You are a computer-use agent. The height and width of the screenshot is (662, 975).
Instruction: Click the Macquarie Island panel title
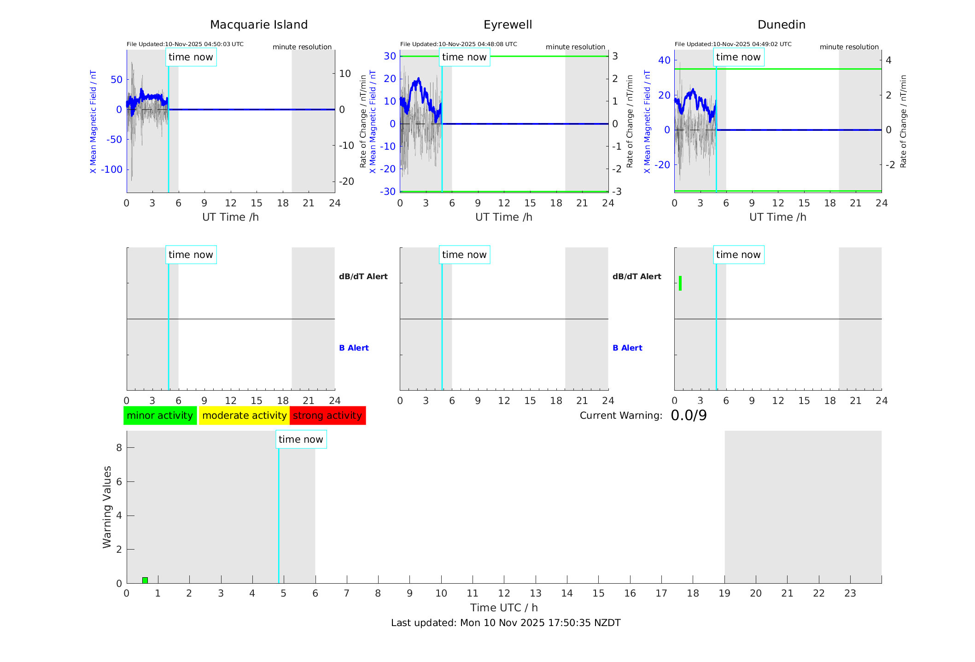click(258, 25)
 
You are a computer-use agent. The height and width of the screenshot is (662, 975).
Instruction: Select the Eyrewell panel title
click(508, 25)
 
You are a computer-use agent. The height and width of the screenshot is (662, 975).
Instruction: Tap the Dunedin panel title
click(781, 25)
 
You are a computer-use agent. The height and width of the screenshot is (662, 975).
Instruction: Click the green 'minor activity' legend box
click(160, 416)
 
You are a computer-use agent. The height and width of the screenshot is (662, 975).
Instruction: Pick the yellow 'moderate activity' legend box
click(244, 416)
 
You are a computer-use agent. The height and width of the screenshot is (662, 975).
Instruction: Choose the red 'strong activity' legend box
click(327, 416)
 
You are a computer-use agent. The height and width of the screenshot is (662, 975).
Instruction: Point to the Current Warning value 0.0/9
click(689, 416)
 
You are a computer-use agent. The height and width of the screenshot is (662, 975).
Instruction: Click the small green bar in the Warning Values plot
click(145, 580)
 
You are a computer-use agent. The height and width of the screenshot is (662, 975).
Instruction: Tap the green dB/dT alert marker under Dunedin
click(680, 283)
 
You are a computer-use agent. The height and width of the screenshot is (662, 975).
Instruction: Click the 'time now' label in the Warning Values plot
click(301, 439)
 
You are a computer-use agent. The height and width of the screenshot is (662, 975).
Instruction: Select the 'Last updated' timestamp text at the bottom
click(506, 623)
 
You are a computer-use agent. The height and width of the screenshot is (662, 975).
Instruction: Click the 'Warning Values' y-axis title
click(107, 507)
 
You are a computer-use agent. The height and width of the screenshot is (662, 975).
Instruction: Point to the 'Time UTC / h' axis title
click(504, 608)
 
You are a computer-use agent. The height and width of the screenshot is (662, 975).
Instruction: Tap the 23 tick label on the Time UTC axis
click(850, 593)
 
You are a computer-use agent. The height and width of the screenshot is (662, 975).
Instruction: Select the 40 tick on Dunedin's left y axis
click(664, 60)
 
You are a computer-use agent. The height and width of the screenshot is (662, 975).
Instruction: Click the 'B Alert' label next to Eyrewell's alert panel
click(627, 348)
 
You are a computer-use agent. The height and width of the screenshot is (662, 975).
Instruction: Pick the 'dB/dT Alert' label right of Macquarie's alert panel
click(363, 276)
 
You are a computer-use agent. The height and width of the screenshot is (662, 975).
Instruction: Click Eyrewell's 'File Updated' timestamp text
click(458, 44)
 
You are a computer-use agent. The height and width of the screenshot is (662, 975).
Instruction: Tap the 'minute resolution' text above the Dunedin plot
click(849, 47)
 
